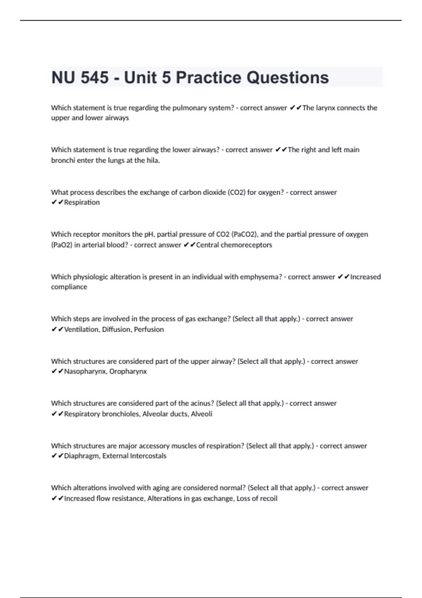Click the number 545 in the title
[x=95, y=78]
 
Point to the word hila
[x=153, y=160]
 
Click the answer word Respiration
[x=82, y=203]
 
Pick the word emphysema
[x=261, y=277]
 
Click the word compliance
[x=69, y=287]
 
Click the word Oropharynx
[x=128, y=371]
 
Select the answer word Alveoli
[x=202, y=414]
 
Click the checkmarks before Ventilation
[x=57, y=330]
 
